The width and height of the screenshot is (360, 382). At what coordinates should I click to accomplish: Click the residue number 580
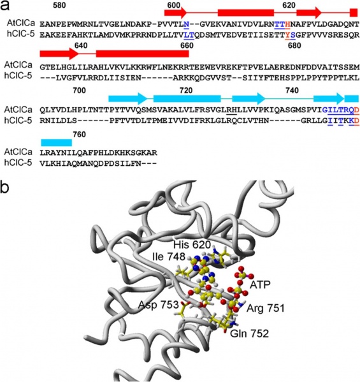click(x=59, y=5)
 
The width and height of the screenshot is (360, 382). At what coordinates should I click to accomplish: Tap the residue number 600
click(x=174, y=5)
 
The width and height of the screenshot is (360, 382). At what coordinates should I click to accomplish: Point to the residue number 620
click(x=289, y=5)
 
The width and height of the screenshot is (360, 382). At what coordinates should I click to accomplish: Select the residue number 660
click(x=187, y=45)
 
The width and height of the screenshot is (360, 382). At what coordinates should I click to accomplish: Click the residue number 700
click(x=80, y=91)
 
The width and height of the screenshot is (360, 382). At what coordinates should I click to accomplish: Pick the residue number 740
click(x=292, y=91)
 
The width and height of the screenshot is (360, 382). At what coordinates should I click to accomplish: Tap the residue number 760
click(x=80, y=135)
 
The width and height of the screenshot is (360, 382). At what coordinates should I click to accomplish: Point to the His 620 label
click(x=192, y=245)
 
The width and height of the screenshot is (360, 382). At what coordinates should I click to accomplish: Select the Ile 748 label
click(x=169, y=256)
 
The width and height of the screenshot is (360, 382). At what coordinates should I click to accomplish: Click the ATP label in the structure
click(x=260, y=284)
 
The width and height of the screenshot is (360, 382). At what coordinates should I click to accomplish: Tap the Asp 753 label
click(x=159, y=305)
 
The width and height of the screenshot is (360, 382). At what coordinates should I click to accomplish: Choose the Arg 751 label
click(x=266, y=309)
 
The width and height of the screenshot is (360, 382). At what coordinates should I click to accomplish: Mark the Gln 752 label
click(x=250, y=334)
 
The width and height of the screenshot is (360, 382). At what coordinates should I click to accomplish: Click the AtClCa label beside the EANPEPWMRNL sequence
click(x=20, y=23)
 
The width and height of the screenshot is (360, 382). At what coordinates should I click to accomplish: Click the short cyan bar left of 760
click(x=57, y=142)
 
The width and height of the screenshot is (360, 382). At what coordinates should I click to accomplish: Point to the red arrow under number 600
click(x=175, y=13)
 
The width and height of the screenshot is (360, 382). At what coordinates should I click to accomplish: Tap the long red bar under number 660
click(x=142, y=54)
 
